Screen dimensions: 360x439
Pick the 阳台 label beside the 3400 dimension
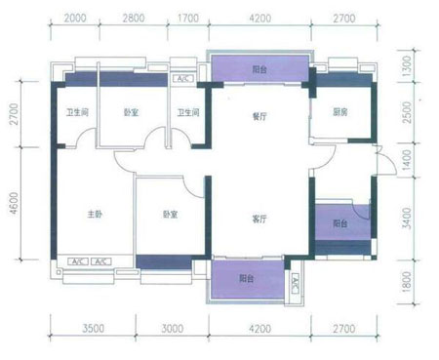339,223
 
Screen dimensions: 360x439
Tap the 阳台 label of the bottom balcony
248,278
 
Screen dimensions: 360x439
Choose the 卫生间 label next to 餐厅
188,113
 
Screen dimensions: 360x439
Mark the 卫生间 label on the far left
78,113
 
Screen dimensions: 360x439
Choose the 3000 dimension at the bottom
173,330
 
